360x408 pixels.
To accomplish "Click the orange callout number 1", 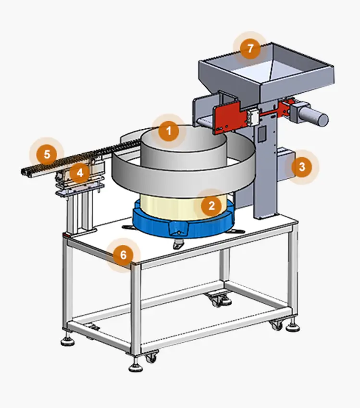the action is coord(169,131).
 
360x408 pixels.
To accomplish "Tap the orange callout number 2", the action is coord(211,206).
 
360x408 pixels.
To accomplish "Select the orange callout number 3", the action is coord(302,167).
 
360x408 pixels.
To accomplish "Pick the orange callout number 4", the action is coord(80,173).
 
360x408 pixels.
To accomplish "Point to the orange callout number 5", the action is coord(47,154).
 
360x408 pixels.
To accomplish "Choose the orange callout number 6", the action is coord(124,255).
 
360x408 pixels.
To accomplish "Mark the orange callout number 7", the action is coord(250,49).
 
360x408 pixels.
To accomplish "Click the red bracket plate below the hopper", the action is coord(229,118).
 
